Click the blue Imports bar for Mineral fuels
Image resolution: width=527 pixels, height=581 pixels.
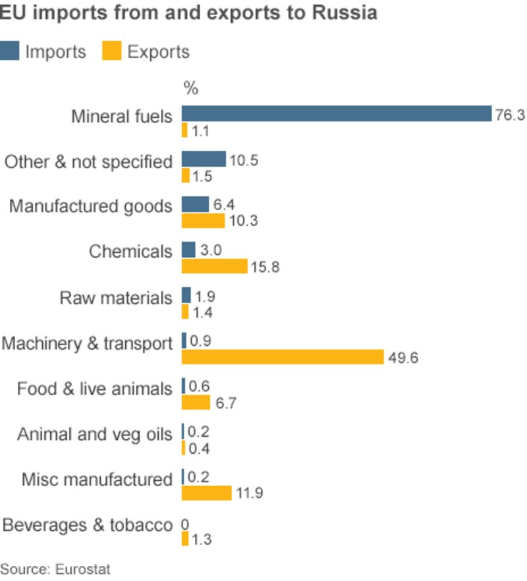(336, 113)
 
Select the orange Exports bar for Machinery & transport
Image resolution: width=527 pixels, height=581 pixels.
(282, 357)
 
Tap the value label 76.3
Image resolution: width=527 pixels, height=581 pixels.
(510, 115)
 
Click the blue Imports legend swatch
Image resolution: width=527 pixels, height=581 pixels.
(10, 51)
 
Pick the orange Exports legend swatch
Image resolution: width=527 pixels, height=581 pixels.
(112, 51)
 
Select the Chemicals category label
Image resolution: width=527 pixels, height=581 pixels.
(130, 252)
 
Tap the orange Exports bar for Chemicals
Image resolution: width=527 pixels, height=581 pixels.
(214, 266)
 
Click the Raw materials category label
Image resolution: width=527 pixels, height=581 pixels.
(116, 298)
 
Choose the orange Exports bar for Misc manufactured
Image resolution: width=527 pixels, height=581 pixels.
(206, 493)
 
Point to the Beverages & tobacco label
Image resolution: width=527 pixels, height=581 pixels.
(87, 526)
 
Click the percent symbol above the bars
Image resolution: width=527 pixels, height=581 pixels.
(190, 89)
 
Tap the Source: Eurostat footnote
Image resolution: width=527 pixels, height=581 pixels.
(46, 568)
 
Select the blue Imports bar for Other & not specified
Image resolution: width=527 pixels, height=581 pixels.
(204, 159)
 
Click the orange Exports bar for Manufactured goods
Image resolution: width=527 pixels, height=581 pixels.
(203, 221)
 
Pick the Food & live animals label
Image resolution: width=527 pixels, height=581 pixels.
(94, 389)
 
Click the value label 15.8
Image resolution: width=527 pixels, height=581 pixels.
(266, 267)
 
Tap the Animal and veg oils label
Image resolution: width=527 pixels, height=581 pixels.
(94, 435)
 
